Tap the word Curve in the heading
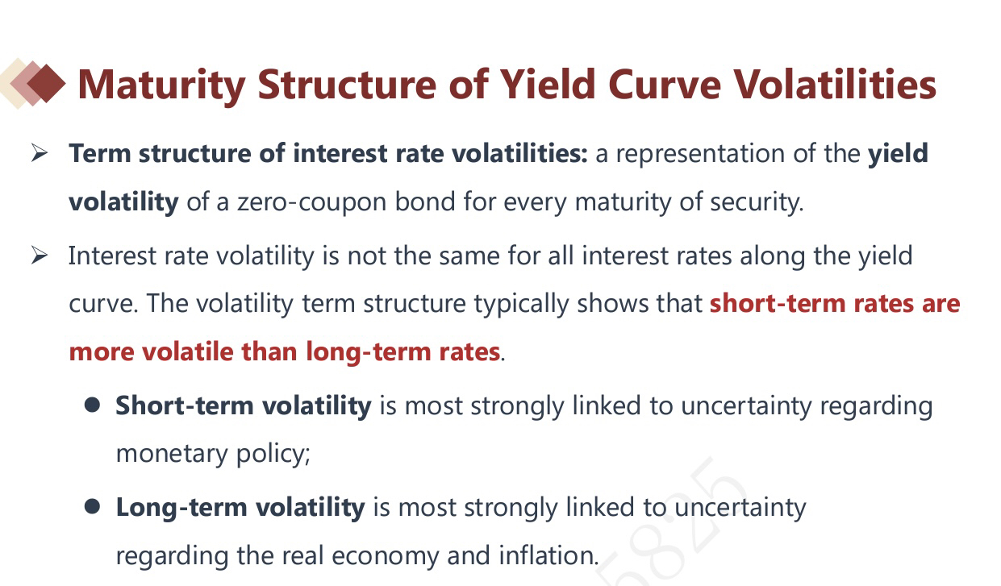tap(665, 85)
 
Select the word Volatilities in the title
tap(836, 84)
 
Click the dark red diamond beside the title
tap(46, 84)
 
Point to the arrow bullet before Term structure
tap(40, 153)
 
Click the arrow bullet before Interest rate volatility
tap(40, 256)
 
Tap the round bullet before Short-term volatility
tap(92, 405)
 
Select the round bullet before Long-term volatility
tap(92, 507)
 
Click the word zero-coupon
tap(312, 202)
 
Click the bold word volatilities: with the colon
tap(519, 153)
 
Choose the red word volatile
tap(188, 351)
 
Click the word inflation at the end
tap(548, 555)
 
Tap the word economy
tap(386, 556)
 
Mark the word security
tap(757, 202)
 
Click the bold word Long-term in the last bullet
tap(181, 508)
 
